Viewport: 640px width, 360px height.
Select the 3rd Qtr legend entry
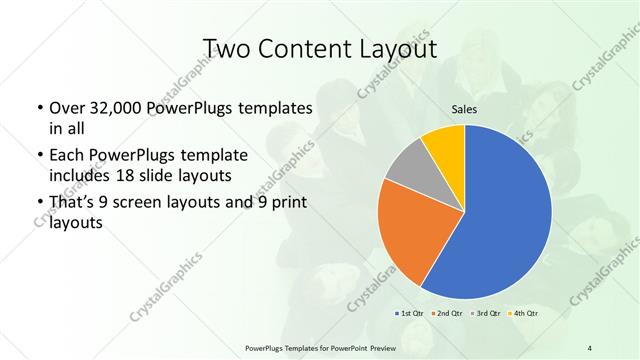482,314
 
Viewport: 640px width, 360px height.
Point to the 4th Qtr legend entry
520,314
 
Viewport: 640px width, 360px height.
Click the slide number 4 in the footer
590,346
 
